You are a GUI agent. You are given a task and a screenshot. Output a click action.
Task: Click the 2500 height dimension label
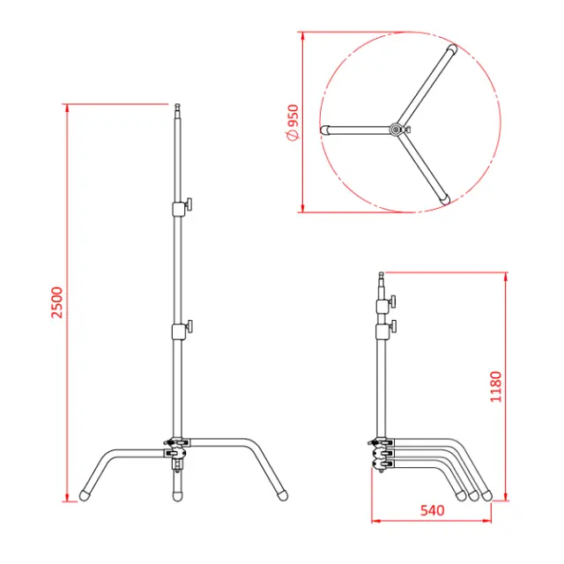click(56, 302)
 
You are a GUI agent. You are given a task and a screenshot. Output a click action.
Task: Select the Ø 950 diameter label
click(293, 122)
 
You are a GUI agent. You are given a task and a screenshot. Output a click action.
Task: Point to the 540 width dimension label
click(433, 510)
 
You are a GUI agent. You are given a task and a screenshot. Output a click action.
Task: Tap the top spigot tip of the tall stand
click(175, 109)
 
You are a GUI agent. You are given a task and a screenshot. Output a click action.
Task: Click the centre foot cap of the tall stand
click(176, 493)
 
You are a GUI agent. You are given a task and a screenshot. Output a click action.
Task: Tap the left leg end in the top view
click(324, 129)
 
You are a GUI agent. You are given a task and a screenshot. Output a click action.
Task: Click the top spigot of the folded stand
click(382, 282)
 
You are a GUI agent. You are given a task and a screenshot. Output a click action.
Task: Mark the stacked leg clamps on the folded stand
click(382, 453)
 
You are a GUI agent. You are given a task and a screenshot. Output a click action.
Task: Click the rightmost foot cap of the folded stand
click(486, 495)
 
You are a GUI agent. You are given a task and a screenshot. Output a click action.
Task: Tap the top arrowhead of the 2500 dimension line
click(67, 108)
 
